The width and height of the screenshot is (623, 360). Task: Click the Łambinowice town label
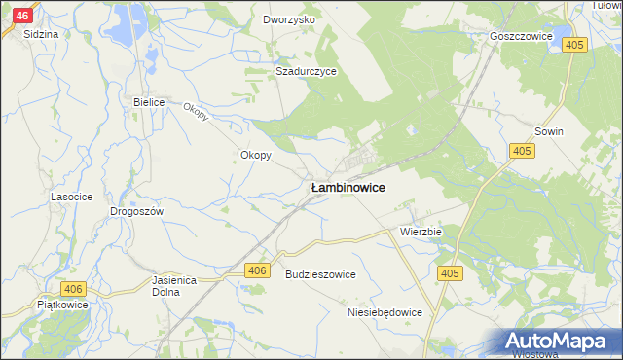(x=348, y=187)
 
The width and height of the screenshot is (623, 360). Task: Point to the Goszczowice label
(x=521, y=36)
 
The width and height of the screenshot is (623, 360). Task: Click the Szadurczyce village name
(x=306, y=71)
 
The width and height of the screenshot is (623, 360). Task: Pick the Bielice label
(x=150, y=101)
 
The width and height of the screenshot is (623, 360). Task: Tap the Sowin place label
(x=550, y=130)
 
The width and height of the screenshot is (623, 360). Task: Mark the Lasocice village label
(x=71, y=197)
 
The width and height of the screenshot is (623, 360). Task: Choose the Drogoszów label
(x=136, y=211)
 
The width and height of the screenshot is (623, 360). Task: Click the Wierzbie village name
(x=421, y=233)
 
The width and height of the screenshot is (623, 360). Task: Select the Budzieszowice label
(x=320, y=275)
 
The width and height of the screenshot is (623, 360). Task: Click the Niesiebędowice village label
(x=385, y=313)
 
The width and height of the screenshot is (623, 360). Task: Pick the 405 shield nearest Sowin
(x=523, y=150)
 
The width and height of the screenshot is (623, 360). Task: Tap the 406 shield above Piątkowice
(x=73, y=289)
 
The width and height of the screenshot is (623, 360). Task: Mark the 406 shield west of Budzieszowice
(x=256, y=270)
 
